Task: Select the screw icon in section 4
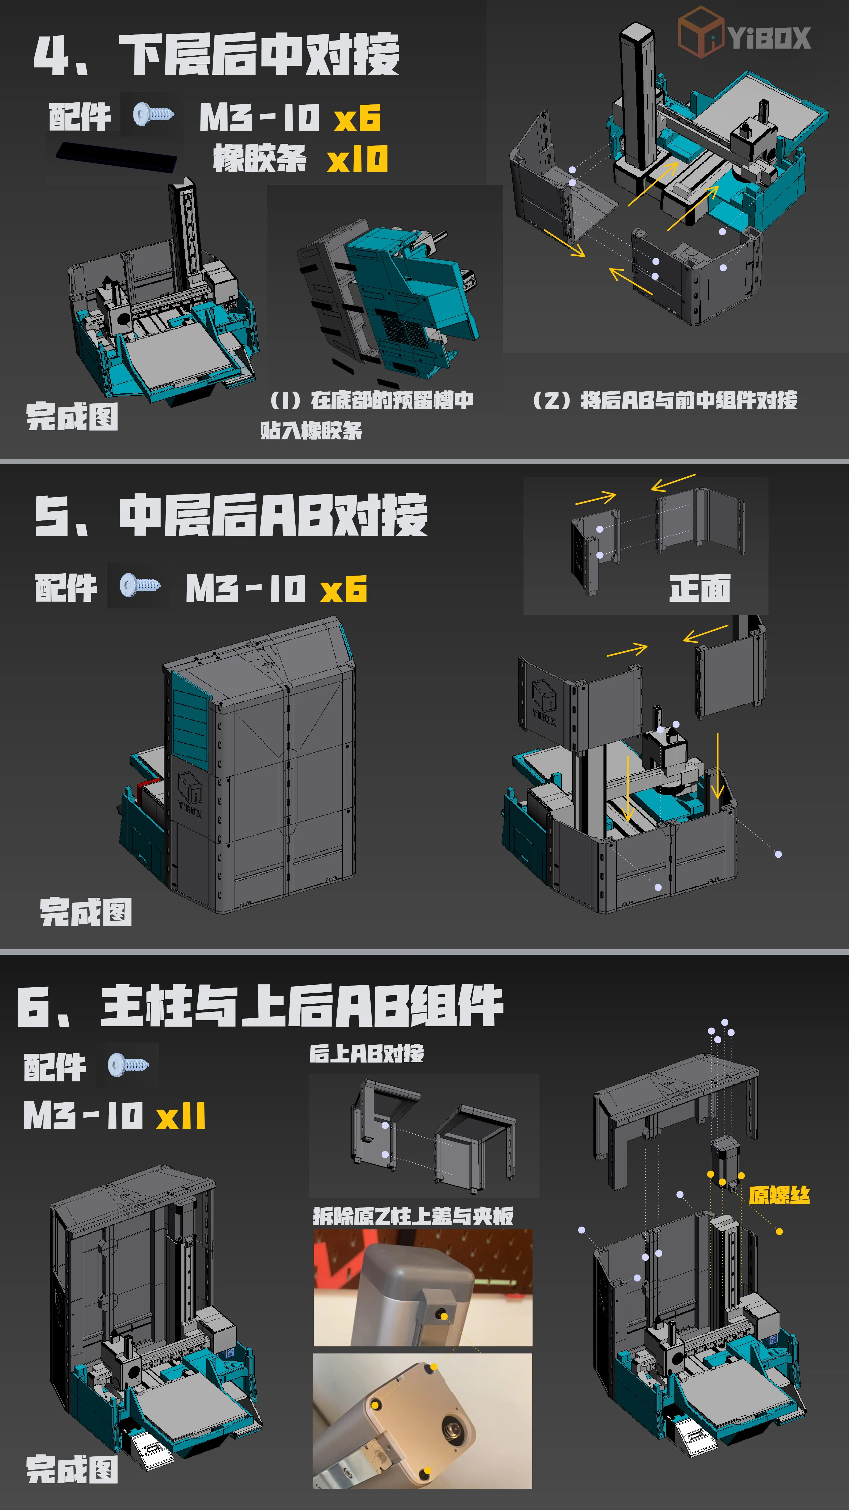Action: pos(153,113)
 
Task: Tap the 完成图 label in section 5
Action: pos(86,912)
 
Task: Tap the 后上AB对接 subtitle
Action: pos(366,1053)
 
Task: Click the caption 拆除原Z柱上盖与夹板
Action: pos(413,1216)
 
